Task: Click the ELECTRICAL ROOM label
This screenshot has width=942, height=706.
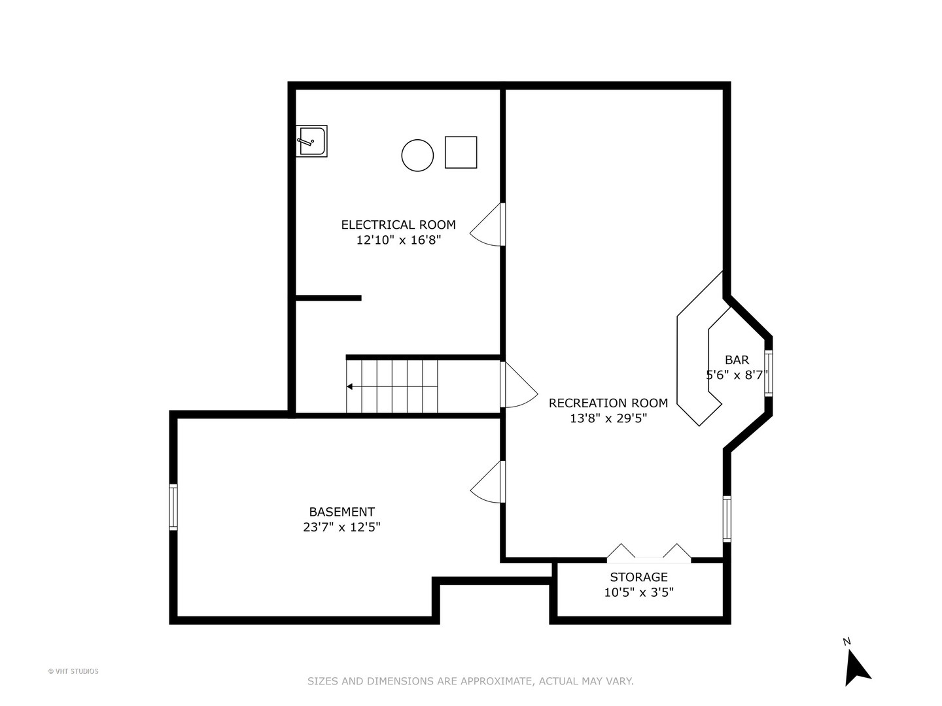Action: [x=398, y=225]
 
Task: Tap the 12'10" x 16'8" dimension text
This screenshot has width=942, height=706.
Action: [x=398, y=241]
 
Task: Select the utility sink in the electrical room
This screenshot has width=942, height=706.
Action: [x=311, y=141]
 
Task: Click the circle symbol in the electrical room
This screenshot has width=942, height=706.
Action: [x=417, y=156]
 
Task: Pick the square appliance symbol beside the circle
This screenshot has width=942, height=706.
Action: [x=461, y=152]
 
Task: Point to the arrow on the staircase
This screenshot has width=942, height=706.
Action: [x=351, y=386]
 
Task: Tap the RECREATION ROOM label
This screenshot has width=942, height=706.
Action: [x=608, y=403]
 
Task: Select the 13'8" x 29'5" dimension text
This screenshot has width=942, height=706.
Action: [x=608, y=419]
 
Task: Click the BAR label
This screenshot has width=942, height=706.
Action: [x=737, y=360]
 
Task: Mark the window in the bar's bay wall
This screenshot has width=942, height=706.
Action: [x=769, y=373]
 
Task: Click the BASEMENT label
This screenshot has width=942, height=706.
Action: [x=341, y=512]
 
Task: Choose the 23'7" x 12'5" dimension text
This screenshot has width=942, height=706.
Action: [x=341, y=528]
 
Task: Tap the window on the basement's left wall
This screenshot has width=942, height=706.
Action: [x=173, y=507]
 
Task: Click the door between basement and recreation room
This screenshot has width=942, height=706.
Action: [x=489, y=482]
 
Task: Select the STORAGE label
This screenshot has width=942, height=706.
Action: [x=638, y=577]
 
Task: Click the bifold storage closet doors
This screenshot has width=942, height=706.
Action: [x=648, y=553]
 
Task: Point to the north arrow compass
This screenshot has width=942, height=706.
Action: [x=856, y=665]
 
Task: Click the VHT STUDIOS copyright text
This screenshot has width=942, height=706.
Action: [x=73, y=671]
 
